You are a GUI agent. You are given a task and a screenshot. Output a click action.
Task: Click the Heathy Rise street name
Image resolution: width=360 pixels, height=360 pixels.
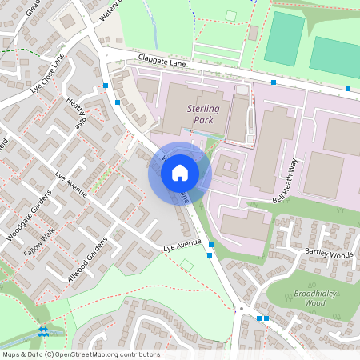pos(78,113)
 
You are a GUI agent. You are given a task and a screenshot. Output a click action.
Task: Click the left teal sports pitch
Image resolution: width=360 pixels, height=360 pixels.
pos(285,38)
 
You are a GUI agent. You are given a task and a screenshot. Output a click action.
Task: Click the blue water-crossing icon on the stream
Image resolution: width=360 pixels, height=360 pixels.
pos(43,330)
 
